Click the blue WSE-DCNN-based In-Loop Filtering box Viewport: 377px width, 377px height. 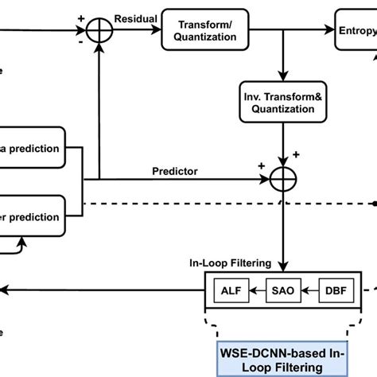[x=283, y=359]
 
